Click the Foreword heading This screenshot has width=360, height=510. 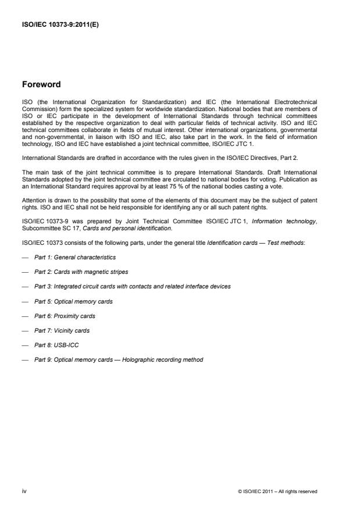click(41, 84)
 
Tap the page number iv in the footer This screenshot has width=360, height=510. click(24, 491)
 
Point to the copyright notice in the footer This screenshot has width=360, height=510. click(277, 491)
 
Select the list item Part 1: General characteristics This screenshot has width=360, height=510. click(74, 256)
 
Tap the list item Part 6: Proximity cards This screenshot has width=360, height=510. click(65, 316)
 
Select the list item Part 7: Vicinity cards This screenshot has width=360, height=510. click(62, 330)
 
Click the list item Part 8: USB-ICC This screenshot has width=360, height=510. click(56, 345)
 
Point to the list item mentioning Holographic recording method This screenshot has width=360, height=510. click(119, 360)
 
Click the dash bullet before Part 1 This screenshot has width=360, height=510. click(24, 256)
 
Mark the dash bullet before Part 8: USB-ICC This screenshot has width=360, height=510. click(24, 345)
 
